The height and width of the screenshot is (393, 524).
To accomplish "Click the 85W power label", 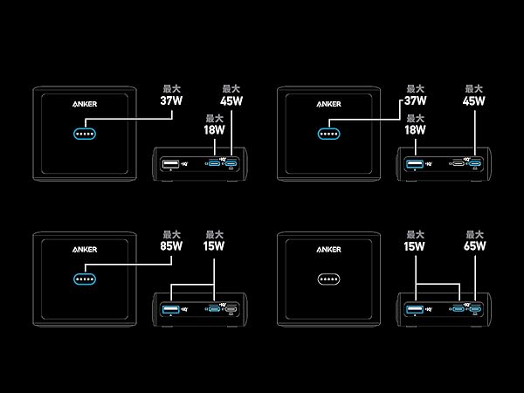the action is tap(171, 246).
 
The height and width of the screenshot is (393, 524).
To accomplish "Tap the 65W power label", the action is tap(474, 246).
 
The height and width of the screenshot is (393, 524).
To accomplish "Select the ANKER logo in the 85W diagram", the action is tap(85, 250).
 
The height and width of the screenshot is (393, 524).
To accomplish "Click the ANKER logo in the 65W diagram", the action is tap(329, 250).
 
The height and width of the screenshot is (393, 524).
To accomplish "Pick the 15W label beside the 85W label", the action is tap(214, 246).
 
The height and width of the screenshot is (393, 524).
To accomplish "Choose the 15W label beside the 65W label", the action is tap(414, 246).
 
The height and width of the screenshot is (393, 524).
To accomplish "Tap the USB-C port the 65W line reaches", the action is tap(475, 309).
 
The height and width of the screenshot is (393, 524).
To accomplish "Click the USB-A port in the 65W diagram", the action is tap(415, 309).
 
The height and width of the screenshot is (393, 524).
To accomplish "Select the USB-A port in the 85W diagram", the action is tap(171, 309).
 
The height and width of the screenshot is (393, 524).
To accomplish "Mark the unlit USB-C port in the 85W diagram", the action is tap(231, 309).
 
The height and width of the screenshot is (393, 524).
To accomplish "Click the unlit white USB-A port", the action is tap(171, 164).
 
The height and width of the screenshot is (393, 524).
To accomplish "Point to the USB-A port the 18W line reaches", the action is tap(415, 164).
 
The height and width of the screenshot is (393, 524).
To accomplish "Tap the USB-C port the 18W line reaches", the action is tap(214, 163).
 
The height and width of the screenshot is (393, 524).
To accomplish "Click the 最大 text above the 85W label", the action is tap(171, 234).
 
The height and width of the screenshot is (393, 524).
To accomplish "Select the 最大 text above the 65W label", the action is tap(474, 234).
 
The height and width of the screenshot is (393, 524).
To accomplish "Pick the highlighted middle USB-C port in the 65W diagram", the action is tap(458, 309).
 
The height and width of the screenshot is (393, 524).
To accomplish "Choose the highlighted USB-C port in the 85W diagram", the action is tap(214, 309).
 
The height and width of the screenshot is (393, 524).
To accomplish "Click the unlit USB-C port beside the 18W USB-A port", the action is tap(458, 163).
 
